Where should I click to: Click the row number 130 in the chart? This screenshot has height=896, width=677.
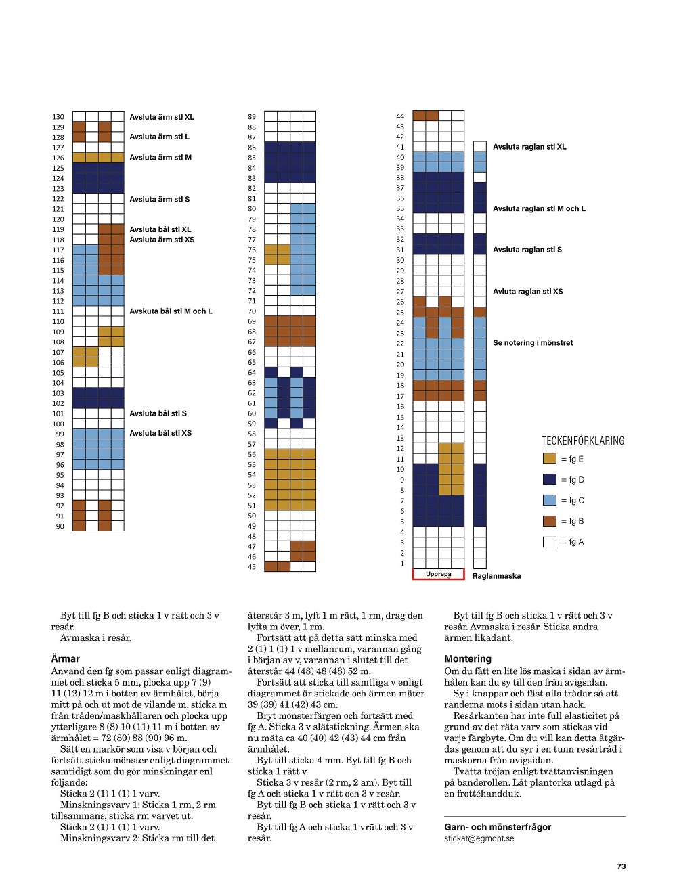[x=58, y=117]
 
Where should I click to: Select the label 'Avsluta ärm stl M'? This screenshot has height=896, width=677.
[x=160, y=157]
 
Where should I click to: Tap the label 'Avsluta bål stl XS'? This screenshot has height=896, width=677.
[x=160, y=433]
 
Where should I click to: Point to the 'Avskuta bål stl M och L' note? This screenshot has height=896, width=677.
[x=171, y=311]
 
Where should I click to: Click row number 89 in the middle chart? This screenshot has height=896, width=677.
[x=252, y=117]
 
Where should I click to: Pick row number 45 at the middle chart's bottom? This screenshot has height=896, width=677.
[x=252, y=567]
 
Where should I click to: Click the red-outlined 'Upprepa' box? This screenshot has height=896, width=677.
[x=438, y=574]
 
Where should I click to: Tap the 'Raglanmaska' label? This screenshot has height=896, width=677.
[x=496, y=576]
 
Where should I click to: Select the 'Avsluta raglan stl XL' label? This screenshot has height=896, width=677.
[x=529, y=147]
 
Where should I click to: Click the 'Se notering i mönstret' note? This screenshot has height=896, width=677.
[x=532, y=343]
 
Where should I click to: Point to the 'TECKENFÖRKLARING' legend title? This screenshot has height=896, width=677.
[x=583, y=441]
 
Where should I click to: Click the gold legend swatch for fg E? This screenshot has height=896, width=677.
[x=550, y=458]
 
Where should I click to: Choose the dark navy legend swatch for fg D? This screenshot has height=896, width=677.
[x=550, y=479]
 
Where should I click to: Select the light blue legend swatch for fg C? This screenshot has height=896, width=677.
[x=550, y=500]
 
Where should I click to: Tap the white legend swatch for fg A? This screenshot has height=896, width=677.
[x=550, y=541]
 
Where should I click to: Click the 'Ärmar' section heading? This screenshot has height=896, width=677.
[x=66, y=658]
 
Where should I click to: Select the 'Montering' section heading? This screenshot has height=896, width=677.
[x=468, y=658]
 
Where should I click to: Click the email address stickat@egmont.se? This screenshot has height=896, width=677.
[x=479, y=838]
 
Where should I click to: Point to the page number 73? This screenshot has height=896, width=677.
[x=621, y=866]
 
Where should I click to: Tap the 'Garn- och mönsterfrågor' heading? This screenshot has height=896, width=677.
[x=498, y=827]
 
